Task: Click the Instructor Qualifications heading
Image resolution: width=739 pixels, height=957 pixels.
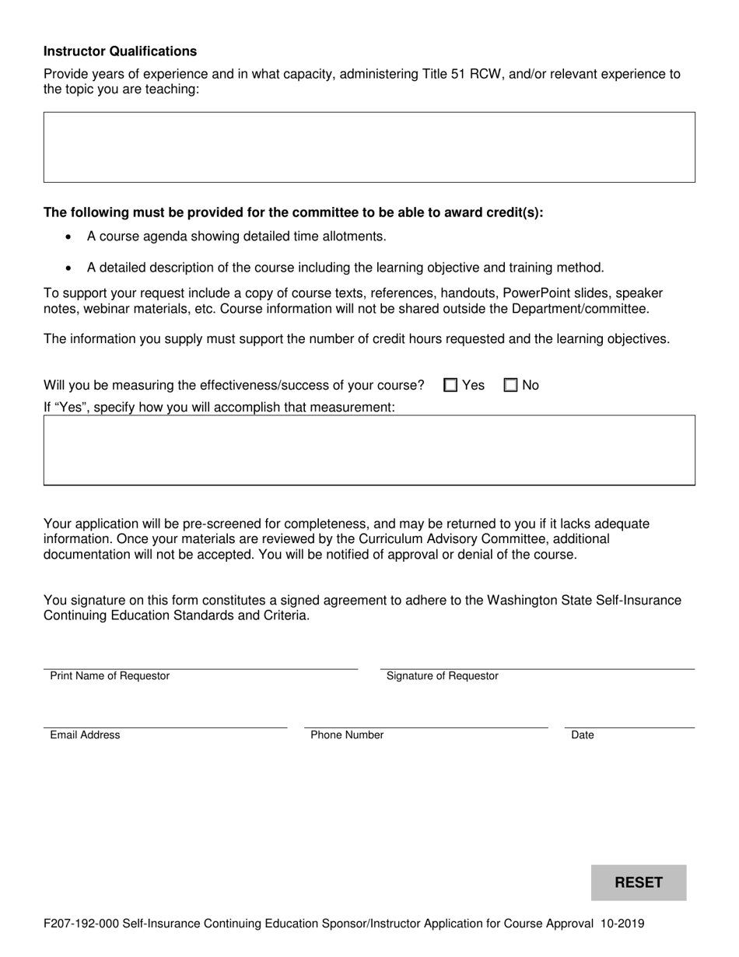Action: (120, 51)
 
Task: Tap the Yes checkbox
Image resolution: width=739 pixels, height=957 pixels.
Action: (450, 385)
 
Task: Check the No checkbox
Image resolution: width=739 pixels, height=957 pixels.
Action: (511, 385)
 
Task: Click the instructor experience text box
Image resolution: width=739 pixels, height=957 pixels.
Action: (369, 147)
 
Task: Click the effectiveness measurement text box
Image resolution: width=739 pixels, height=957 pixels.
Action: (369, 450)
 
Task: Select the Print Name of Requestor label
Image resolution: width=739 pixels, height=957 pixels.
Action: (110, 676)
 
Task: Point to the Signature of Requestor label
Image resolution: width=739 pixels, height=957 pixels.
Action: (442, 676)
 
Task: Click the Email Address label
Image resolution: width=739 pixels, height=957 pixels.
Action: (85, 735)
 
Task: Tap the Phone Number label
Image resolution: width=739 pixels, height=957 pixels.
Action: (347, 735)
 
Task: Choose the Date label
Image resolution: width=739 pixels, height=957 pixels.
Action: (582, 735)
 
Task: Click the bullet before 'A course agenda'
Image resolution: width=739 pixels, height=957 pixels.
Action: (70, 237)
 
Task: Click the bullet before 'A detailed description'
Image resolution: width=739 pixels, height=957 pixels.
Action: (70, 268)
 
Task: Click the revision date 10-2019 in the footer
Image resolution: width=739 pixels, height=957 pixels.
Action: (622, 924)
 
